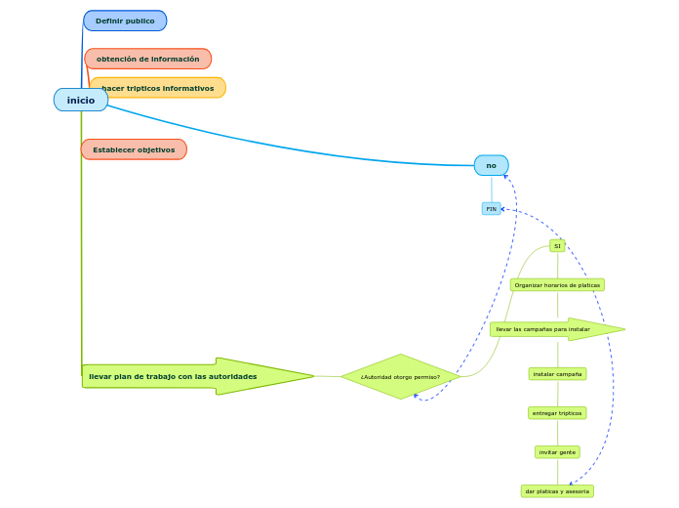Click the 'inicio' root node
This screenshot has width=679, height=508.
[81, 100]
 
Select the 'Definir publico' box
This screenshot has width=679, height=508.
[125, 21]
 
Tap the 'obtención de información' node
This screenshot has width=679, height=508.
[147, 59]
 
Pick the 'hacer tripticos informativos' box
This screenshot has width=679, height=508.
[158, 88]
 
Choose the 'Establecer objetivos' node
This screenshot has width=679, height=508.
[134, 149]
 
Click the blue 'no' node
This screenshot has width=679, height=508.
[491, 165]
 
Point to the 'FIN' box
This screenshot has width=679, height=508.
[491, 208]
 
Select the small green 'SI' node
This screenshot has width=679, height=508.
[557, 246]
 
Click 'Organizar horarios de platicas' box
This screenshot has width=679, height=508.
[557, 285]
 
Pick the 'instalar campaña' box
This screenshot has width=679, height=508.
[557, 374]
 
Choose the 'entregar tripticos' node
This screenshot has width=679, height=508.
[557, 413]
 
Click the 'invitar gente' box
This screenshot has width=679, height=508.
[557, 452]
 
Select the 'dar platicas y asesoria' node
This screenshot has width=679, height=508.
[557, 491]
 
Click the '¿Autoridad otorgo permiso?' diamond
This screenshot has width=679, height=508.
[400, 376]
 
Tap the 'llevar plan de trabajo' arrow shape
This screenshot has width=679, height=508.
[195, 376]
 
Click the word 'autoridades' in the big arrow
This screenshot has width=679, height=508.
[230, 376]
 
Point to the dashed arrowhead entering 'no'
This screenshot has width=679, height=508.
[504, 177]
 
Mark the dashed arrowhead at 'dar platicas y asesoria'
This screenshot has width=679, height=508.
[573, 483]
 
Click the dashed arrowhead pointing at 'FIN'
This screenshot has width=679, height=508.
[504, 209]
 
